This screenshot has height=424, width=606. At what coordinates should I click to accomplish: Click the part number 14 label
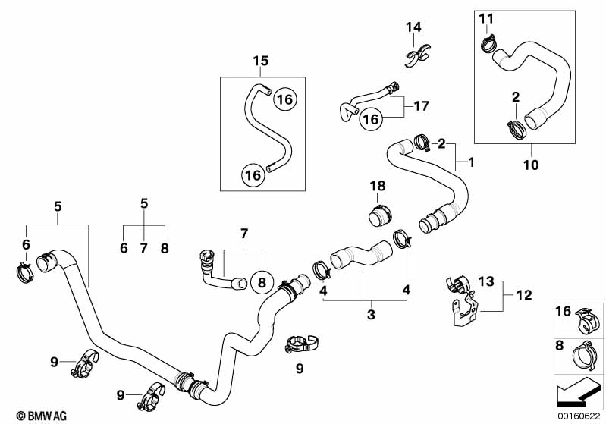pos(413,28)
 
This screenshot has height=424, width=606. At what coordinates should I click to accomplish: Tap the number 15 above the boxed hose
pos(260,61)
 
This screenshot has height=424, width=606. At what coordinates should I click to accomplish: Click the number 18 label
pos(378,186)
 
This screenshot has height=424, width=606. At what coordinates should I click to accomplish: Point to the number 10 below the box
pos(531,164)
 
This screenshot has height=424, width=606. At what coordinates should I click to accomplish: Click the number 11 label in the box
pos(485,18)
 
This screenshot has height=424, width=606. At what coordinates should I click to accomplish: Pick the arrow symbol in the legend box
pos(580,392)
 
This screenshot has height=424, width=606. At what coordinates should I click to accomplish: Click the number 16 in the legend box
pos(564,311)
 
